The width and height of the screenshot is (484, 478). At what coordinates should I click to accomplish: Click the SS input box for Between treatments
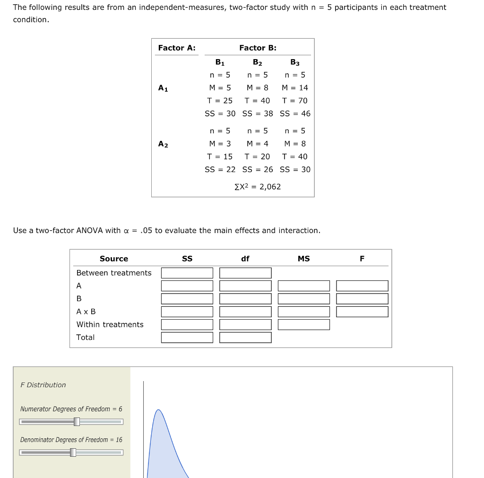187,273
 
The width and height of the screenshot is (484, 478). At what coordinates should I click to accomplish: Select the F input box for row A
362,286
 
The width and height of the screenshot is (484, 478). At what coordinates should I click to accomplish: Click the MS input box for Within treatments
303,324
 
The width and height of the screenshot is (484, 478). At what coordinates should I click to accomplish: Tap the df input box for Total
245,337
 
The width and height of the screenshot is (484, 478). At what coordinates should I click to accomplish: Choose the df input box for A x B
245,312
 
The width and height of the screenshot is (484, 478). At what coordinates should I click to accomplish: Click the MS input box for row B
303,299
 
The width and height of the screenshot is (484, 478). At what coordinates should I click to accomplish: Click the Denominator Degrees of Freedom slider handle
73,452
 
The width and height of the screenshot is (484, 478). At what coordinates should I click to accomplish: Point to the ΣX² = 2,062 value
258,187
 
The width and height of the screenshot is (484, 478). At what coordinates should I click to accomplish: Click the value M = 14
294,87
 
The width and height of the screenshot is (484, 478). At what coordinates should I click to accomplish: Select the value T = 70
294,101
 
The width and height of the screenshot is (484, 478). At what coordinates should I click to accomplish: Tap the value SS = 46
295,113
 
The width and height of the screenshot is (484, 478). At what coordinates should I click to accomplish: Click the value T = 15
220,156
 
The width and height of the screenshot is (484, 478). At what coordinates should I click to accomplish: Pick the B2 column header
257,62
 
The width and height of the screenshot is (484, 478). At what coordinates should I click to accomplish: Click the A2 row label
163,144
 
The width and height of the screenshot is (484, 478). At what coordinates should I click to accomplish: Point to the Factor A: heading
177,48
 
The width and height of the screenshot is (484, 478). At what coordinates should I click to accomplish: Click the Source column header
114,259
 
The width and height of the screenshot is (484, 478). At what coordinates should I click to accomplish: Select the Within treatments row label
110,324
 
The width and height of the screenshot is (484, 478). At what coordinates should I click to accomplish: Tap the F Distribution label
43,385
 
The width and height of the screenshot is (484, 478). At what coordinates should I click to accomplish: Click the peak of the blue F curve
158,410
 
